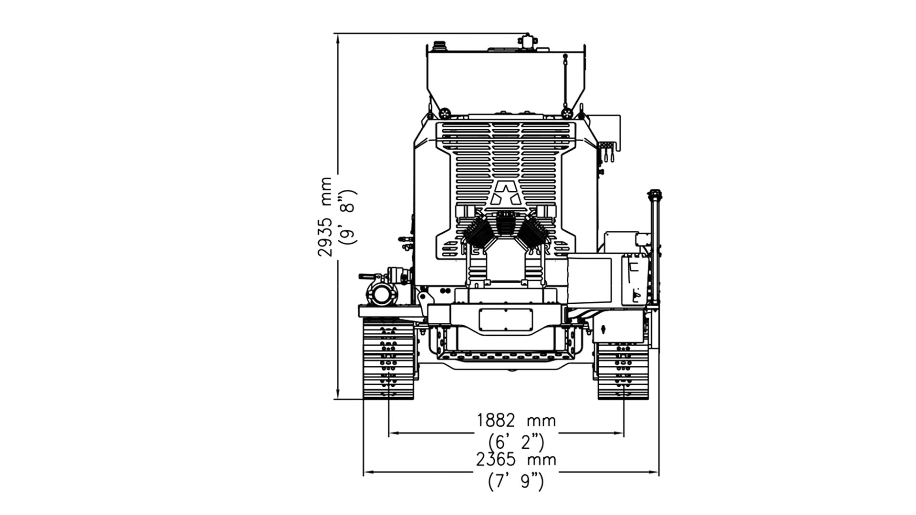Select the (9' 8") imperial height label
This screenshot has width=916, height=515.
pos(347,217)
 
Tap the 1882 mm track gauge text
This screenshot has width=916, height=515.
pos(517,421)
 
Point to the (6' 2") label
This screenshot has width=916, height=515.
pos(516,442)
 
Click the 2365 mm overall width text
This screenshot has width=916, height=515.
pos(517,460)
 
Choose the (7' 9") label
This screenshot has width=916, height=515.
pos(516,481)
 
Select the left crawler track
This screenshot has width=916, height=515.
pos(388,359)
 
